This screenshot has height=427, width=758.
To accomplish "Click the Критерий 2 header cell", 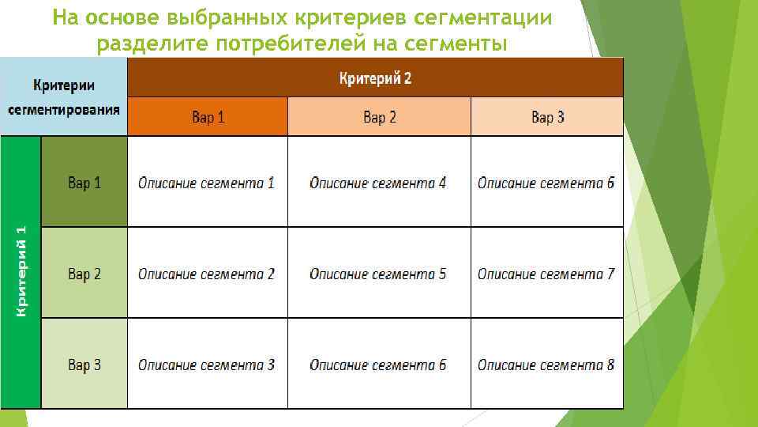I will (375, 78).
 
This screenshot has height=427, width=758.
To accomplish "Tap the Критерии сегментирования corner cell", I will (64, 97).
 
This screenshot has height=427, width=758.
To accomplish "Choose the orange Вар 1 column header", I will (208, 117).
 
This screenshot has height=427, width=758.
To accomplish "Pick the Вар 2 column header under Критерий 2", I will (379, 117).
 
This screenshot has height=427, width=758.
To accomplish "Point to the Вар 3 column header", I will (547, 117).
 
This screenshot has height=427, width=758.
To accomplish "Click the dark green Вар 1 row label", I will (84, 183).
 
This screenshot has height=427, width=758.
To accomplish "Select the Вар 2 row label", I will (84, 274).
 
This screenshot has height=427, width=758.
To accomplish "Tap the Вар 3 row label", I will (84, 365).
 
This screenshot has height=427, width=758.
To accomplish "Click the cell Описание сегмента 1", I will (207, 183).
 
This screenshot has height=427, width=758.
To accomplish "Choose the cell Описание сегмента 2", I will (207, 274).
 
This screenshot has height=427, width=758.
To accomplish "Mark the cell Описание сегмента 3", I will (207, 365).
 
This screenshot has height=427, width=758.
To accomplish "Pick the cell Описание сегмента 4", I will (378, 183).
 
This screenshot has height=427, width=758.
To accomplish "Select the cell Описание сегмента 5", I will (378, 274).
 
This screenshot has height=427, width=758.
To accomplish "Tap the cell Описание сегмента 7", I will (546, 274).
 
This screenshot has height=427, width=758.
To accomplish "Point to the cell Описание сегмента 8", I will (546, 365).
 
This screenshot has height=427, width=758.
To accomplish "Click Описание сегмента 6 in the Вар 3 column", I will (546, 183).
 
